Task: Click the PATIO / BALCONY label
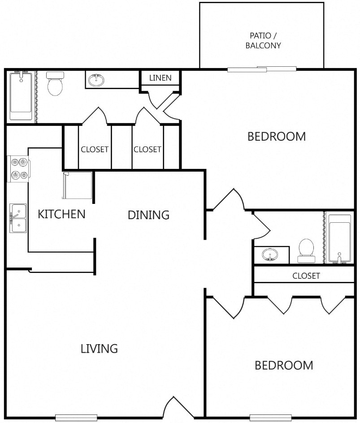point(263,40)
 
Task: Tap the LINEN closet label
point(160,78)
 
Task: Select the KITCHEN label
point(61,214)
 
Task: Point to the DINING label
point(148,215)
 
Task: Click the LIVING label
point(100,349)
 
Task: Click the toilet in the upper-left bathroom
point(55,84)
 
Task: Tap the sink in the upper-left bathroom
point(96,80)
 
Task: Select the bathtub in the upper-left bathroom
point(21,95)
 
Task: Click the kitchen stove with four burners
point(18,169)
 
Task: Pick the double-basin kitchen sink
point(18,218)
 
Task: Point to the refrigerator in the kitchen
point(78,186)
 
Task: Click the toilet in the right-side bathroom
point(306,251)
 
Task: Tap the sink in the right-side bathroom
point(269,255)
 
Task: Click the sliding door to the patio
point(262,69)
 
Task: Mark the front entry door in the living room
point(174,407)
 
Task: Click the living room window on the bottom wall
point(76,417)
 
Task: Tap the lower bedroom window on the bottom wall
point(270,417)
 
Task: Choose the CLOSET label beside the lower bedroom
point(306,276)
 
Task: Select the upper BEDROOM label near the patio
point(277,137)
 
